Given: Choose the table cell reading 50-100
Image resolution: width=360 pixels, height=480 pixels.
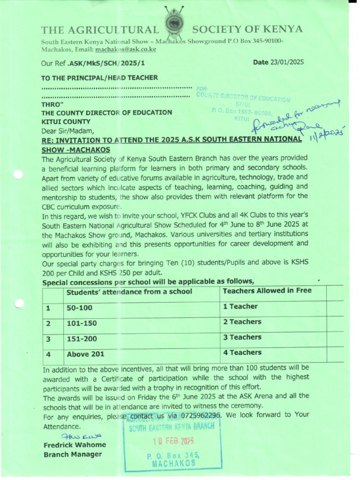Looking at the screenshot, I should [80, 308].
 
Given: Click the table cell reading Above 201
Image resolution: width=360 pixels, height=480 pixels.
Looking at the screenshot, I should [85, 354].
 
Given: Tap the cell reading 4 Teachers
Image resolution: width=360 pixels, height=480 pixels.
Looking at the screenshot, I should [242, 352].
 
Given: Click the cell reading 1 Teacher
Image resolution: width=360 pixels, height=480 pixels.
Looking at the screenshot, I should [240, 307].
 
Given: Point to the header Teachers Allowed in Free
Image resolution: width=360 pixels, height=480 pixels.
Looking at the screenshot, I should [267, 291].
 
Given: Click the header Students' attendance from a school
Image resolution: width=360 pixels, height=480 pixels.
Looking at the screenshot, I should [129, 292].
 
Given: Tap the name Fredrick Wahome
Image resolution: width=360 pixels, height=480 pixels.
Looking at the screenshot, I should [75, 445].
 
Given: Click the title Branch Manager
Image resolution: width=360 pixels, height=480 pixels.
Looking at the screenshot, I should [73, 454].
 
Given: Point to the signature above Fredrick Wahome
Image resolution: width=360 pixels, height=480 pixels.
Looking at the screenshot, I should [75, 436].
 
